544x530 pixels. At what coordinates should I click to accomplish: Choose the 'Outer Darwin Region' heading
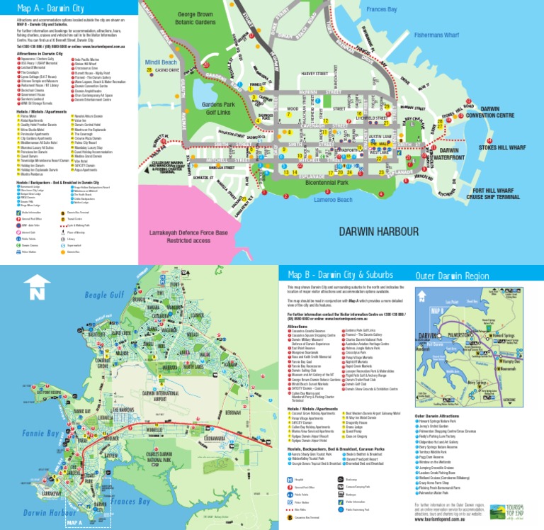tap(452, 276)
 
